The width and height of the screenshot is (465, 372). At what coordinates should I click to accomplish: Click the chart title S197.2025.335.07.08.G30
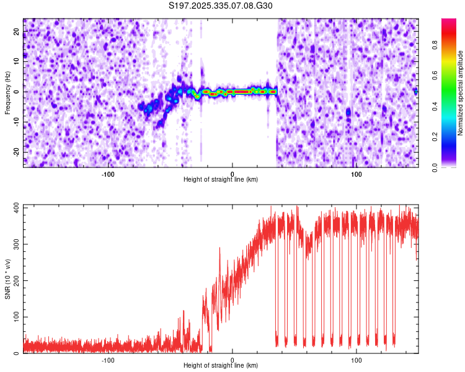pyautogui.click(x=221, y=6)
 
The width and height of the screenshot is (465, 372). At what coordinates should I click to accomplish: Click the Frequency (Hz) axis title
pyautogui.click(x=7, y=92)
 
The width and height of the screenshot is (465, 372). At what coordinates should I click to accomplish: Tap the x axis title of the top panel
pyautogui.click(x=221, y=180)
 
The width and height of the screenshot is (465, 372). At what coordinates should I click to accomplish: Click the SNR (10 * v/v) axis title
pyautogui.click(x=7, y=279)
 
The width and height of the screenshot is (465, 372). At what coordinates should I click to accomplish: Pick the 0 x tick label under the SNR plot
pyautogui.click(x=232, y=360)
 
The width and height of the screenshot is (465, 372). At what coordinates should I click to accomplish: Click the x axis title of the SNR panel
pyautogui.click(x=221, y=366)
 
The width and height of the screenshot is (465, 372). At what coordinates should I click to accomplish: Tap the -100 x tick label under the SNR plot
pyautogui.click(x=108, y=360)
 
